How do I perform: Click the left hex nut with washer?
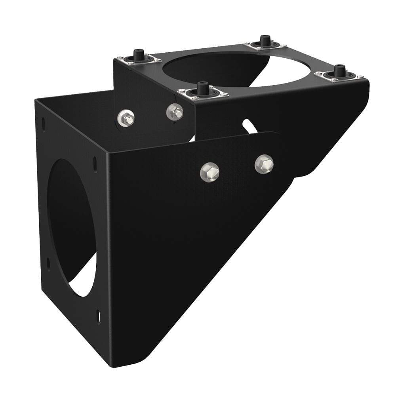point(126,118)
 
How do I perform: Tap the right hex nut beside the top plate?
point(175,112)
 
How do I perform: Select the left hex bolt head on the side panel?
point(209,172)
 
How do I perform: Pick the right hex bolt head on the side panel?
point(264,164)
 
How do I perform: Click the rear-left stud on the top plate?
point(138,55)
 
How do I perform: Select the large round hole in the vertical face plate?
point(71,226)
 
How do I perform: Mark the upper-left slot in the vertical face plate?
point(43,124)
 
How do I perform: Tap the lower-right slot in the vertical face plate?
point(98,317)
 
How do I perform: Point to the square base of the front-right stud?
point(339,76)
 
